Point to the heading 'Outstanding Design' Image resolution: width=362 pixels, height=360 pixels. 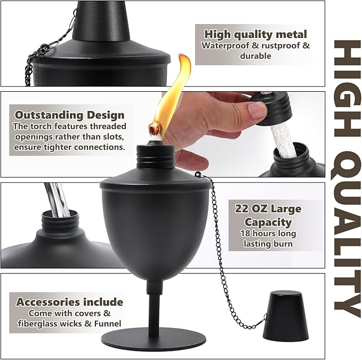(70, 115)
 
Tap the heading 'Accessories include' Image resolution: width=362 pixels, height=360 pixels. (70, 302)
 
